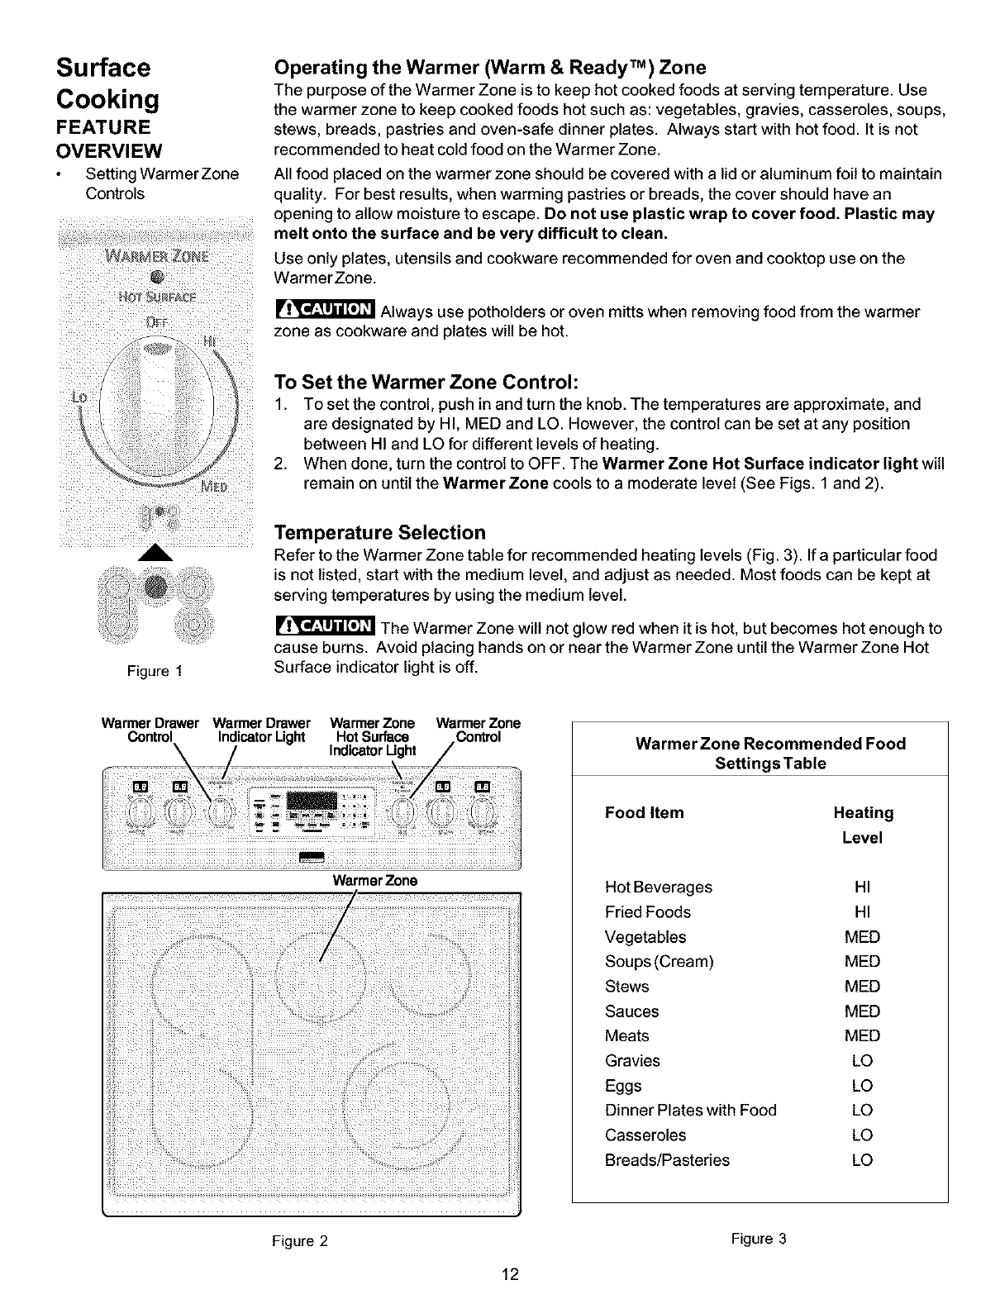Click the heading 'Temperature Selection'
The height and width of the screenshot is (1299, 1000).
pos(379,532)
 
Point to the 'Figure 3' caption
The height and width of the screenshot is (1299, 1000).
pos(759,1239)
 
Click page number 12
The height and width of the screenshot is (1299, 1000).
pos(510,1274)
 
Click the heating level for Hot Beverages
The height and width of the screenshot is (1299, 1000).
pos(862,887)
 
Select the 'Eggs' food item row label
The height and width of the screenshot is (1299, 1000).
pos(623,1086)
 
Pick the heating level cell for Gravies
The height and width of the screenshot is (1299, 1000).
pos(862,1061)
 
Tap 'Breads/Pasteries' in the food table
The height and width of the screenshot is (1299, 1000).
pos(667,1160)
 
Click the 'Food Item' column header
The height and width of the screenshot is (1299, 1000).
pos(645,813)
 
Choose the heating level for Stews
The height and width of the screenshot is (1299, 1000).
pos(862,987)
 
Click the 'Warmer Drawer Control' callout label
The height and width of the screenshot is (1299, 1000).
pos(150,730)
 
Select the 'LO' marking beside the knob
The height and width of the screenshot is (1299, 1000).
pos(80,397)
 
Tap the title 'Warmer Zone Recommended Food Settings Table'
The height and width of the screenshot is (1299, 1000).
pos(770,753)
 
